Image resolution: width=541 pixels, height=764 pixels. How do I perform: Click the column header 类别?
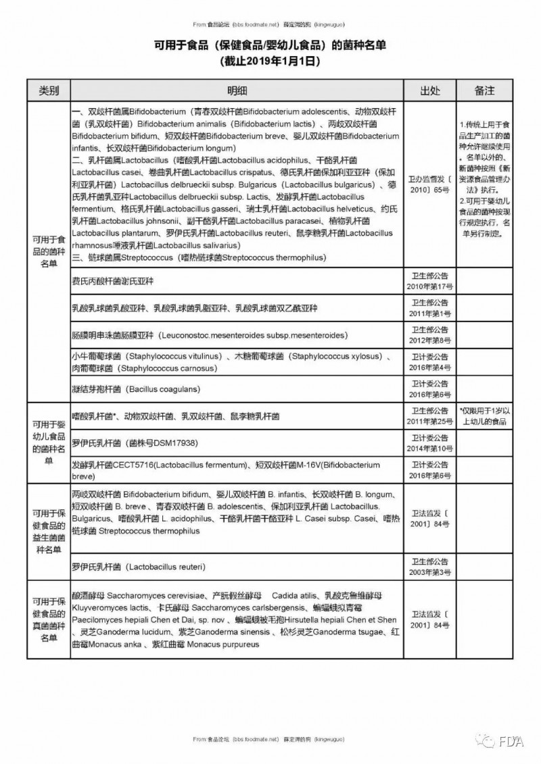click(48, 91)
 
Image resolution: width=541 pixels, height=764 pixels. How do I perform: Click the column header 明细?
click(237, 91)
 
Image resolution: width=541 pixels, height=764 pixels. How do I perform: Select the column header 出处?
click(429, 91)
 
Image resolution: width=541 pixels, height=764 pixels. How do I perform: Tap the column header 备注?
click(485, 91)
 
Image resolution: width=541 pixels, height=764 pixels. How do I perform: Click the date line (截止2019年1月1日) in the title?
click(270, 61)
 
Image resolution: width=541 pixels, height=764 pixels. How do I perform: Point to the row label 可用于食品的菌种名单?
click(48, 251)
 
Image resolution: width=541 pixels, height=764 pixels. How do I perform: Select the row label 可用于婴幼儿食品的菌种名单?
click(48, 442)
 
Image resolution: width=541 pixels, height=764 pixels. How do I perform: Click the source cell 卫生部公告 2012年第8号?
click(429, 335)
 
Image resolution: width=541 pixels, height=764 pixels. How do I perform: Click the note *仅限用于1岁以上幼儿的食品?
click(485, 416)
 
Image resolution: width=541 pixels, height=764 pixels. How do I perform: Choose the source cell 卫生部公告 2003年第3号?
click(429, 565)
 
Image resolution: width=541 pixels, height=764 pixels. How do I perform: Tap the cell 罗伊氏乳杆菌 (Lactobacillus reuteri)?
click(139, 565)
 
